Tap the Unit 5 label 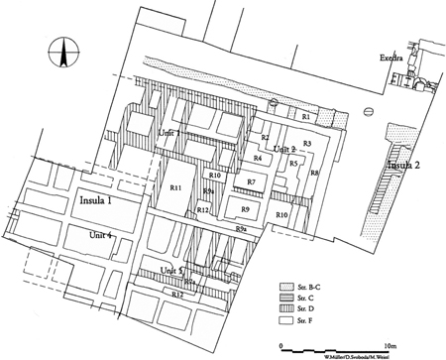tap(174, 270)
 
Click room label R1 tap(306, 118)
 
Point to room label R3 tap(307, 145)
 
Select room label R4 tap(257, 159)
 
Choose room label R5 tap(293, 163)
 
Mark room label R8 tap(314, 174)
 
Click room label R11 tap(175, 187)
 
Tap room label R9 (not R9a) tap(244, 209)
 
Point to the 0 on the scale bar tap(281, 339)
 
